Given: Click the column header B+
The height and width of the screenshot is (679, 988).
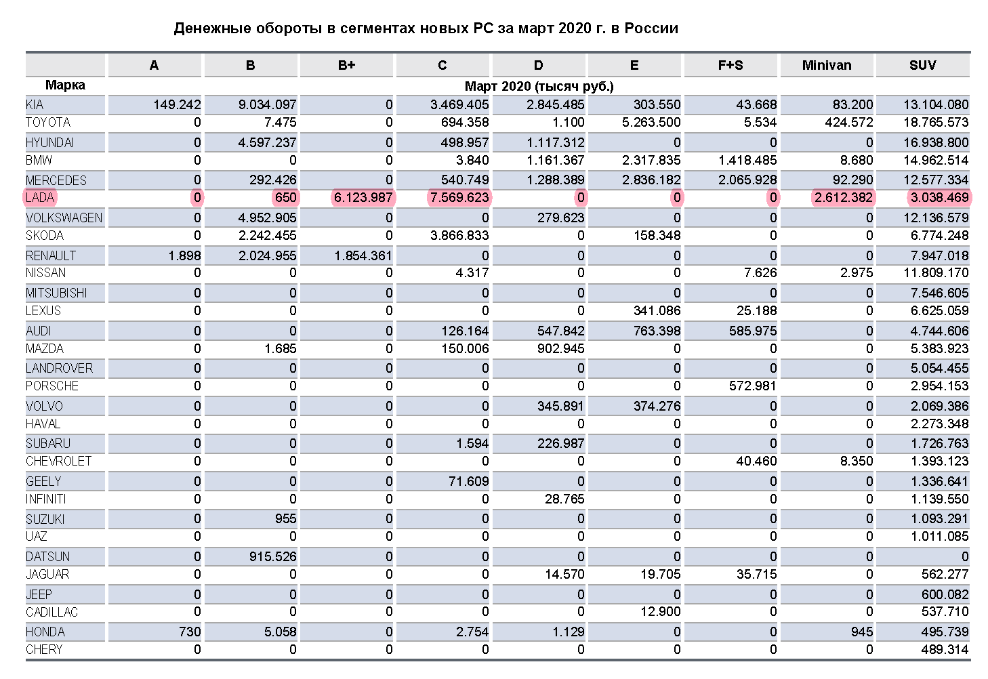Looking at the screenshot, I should (x=346, y=65).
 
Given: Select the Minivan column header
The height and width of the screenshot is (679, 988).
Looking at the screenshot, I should (x=827, y=65).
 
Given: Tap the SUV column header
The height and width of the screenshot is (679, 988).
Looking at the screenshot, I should (x=922, y=65).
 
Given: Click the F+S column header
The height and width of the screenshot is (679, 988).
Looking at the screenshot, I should (x=730, y=65).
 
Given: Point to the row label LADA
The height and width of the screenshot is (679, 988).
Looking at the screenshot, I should (x=40, y=198).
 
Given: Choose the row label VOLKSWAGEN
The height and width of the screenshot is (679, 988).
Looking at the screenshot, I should (x=64, y=218).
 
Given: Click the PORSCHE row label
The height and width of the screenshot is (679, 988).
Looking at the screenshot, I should (x=52, y=386).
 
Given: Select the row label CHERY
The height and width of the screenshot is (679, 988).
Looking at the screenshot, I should (x=44, y=649).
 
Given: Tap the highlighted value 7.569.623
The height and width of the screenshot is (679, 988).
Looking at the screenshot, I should (x=459, y=198).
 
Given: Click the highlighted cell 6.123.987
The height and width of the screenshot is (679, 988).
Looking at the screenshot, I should (x=363, y=198).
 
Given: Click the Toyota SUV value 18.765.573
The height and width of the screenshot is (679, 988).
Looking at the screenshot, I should (x=936, y=123).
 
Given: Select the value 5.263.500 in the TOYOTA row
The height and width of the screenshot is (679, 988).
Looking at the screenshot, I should (x=649, y=123).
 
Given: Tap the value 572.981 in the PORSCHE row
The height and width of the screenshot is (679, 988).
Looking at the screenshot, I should (x=752, y=386).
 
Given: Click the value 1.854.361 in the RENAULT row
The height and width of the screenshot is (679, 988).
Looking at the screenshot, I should (x=363, y=255).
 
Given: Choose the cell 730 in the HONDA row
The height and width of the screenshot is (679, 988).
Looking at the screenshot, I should (x=190, y=632).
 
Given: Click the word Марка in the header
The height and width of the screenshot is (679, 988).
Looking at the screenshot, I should (x=65, y=85).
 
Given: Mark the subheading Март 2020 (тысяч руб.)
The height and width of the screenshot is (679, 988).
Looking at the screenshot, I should (x=539, y=86).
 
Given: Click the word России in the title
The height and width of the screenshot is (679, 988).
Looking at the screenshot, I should (x=651, y=28).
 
